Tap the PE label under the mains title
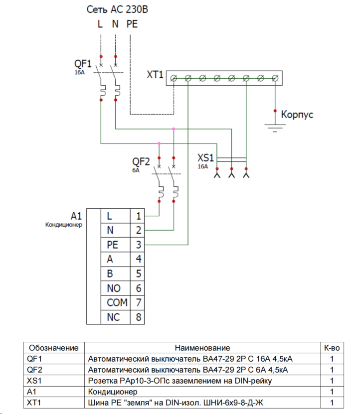coord(132,23)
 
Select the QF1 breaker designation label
coord(83,64)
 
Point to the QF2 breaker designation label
coord(141,161)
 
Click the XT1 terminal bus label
coord(155,75)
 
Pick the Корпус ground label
coord(297,115)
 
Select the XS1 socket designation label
coord(205,158)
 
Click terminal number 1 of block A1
coord(138,216)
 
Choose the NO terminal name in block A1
coord(114,288)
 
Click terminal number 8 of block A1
coord(138,317)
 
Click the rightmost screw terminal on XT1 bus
coord(275,78)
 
